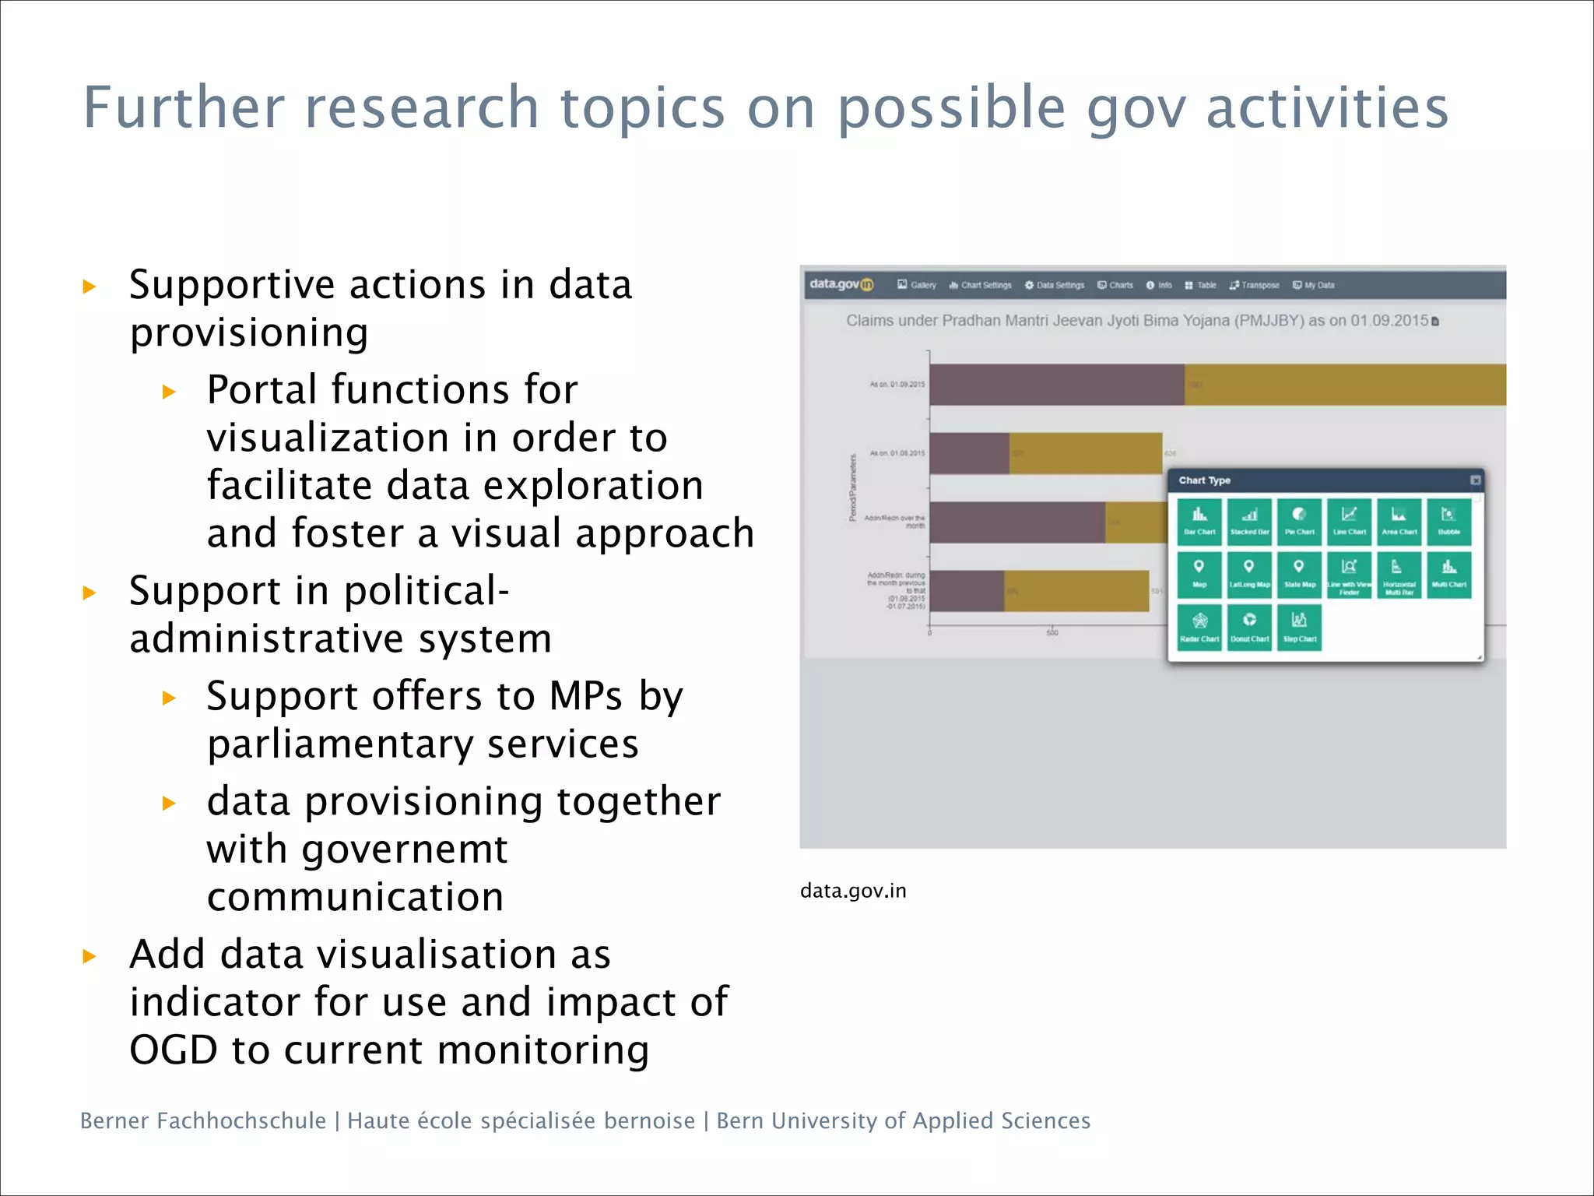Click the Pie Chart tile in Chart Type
tap(1299, 521)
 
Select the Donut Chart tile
tap(1249, 627)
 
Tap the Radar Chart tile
tap(1199, 627)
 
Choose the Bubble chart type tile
tap(1448, 521)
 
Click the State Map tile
tap(1299, 574)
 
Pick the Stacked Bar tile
tap(1249, 521)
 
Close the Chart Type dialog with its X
tap(1475, 480)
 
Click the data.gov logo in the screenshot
tap(841, 284)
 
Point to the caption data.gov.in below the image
tap(853, 891)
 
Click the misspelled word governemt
tap(404, 849)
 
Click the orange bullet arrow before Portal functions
tap(169, 392)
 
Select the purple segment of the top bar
tap(1056, 385)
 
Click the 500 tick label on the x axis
tap(1052, 633)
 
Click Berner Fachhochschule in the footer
tap(203, 1120)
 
